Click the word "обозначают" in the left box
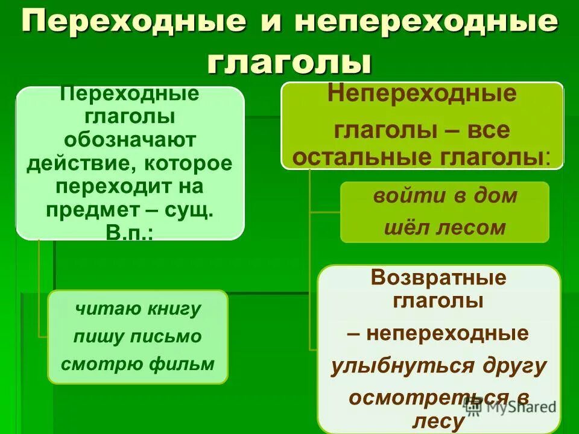(131, 140)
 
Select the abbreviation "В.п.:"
(130, 232)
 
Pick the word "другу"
(514, 366)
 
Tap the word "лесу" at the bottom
(438, 422)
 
